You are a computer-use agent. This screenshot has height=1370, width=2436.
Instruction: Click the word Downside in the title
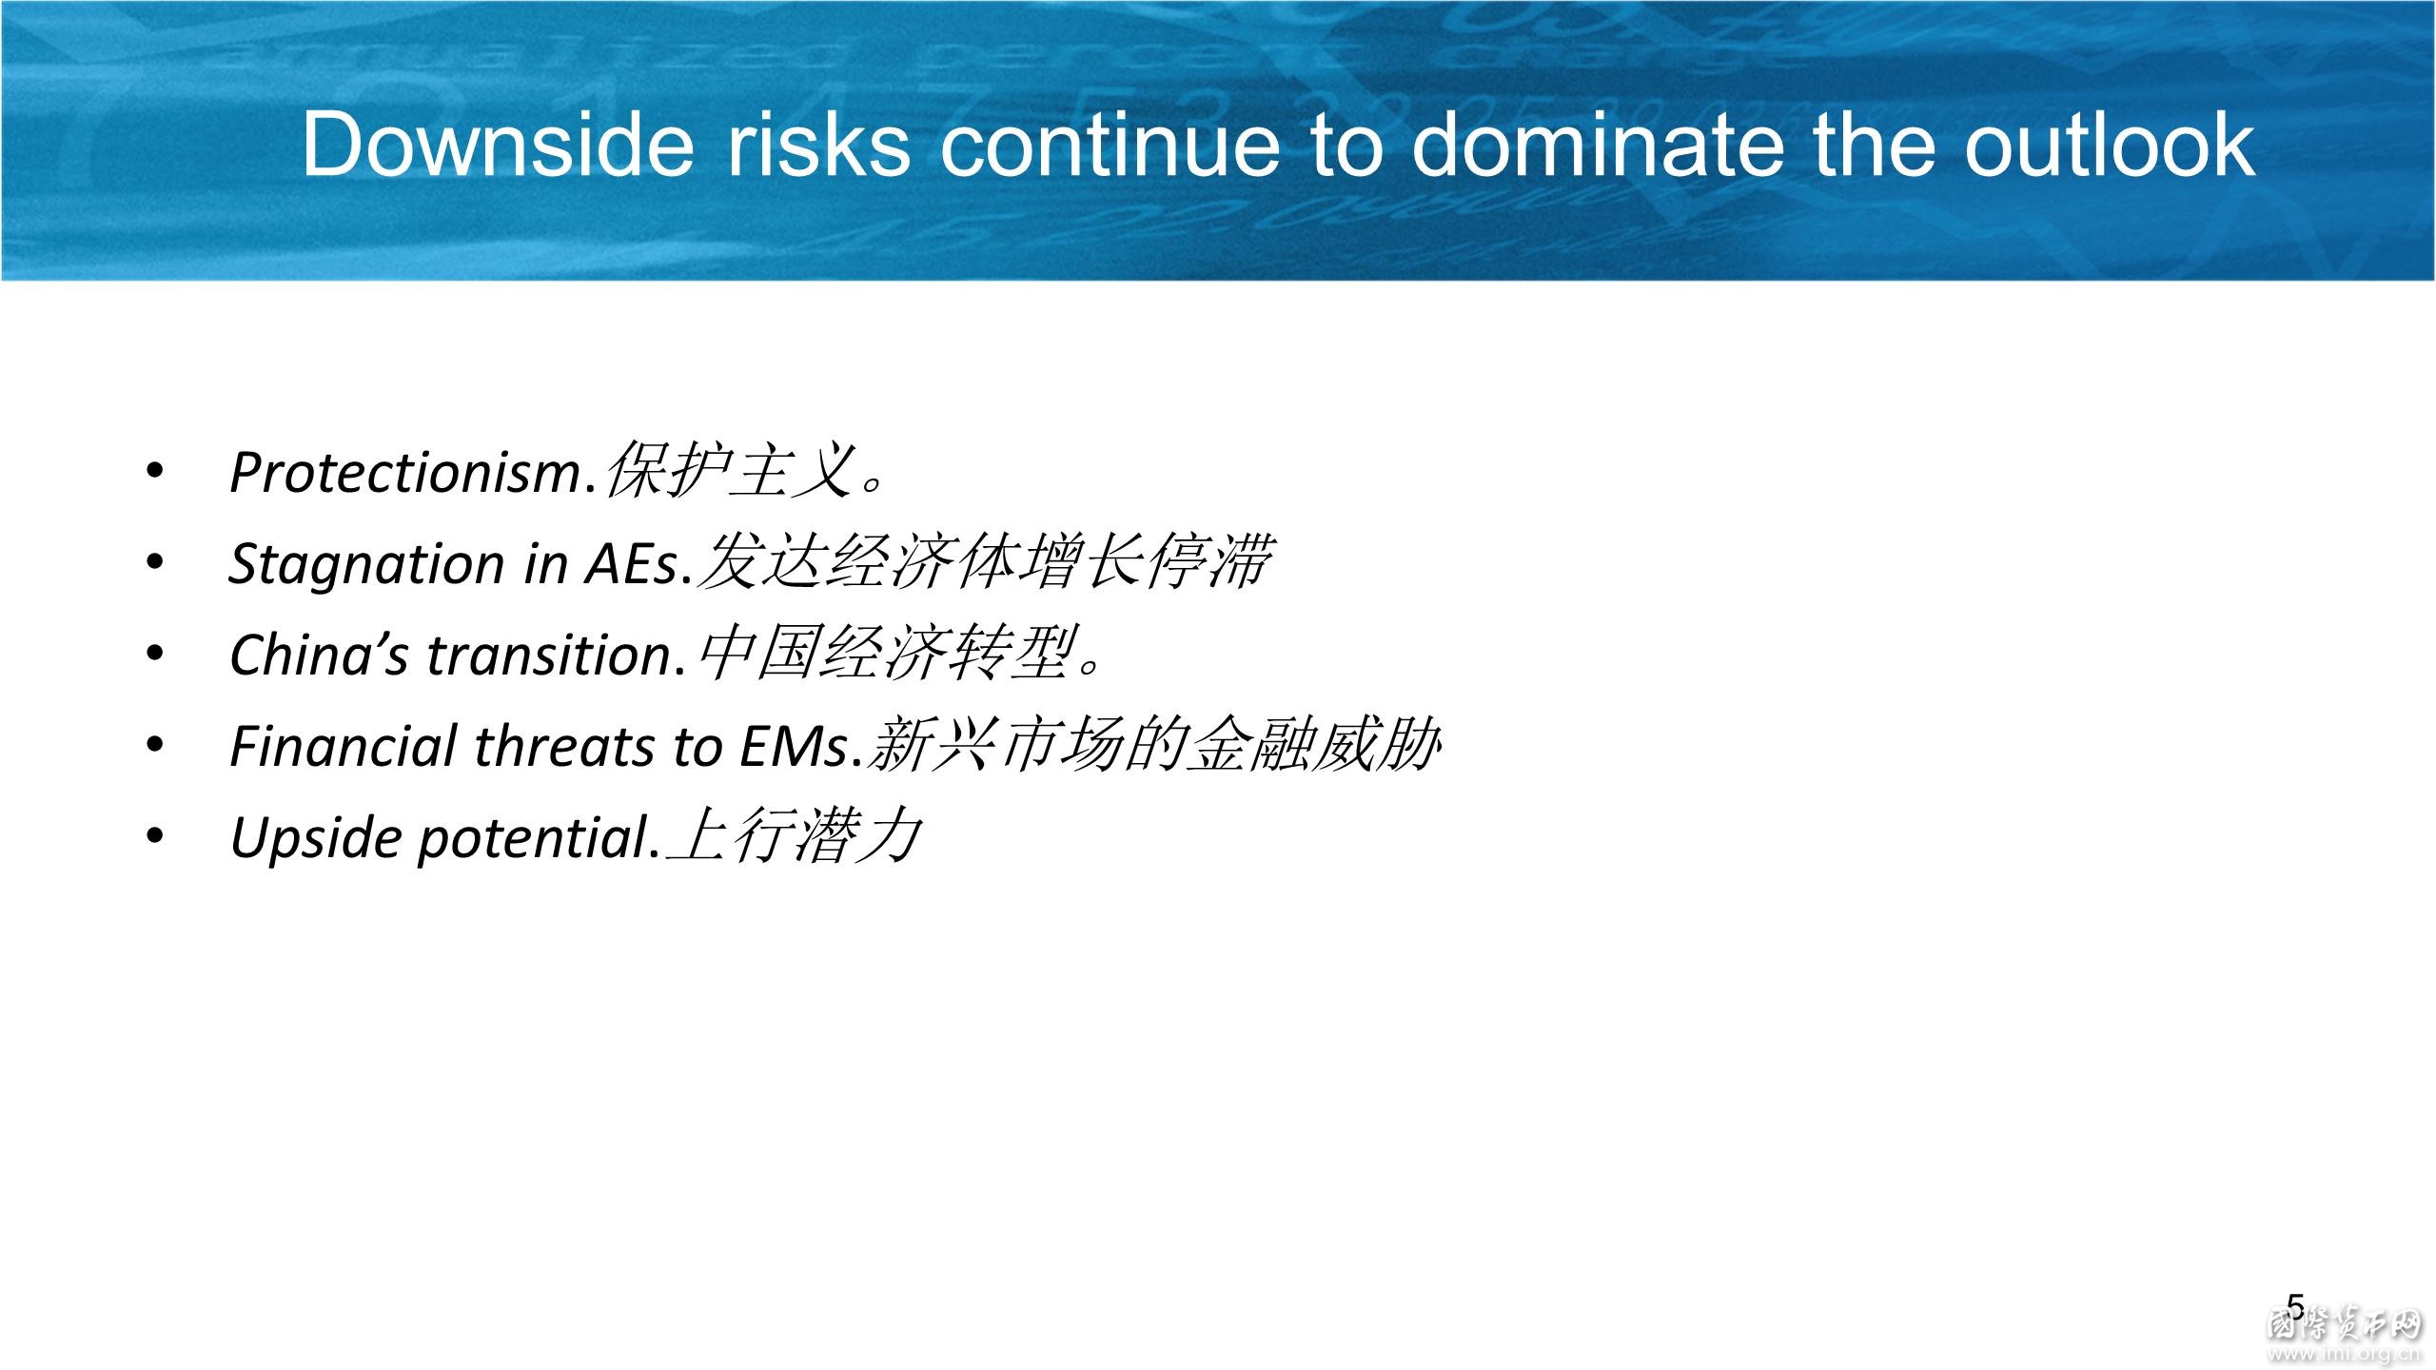point(499,144)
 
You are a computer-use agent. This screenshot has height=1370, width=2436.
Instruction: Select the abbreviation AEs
point(630,563)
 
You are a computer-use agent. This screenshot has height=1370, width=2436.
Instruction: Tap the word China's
point(320,656)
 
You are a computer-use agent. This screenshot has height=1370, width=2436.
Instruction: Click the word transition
point(550,656)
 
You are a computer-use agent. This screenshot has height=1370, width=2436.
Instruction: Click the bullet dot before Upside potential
point(155,837)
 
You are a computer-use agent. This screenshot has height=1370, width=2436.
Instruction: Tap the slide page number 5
point(2296,1306)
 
